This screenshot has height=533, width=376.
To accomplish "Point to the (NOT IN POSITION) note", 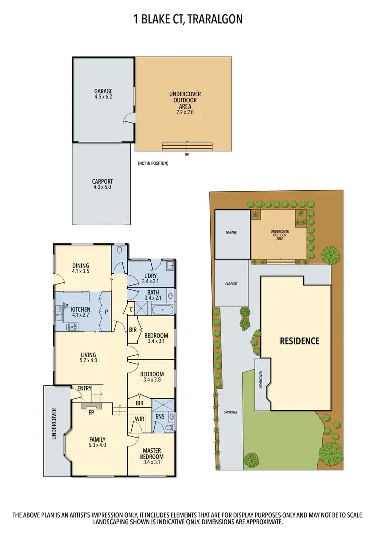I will click(153, 163).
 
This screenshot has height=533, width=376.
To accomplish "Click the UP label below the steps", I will click(187, 154).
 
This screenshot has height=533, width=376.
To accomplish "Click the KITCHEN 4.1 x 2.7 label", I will click(80, 312).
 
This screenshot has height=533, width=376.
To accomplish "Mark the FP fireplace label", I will click(92, 413).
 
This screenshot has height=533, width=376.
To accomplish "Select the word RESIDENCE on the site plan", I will click(299, 341).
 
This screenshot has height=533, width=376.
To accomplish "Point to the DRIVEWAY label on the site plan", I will click(231, 412).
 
